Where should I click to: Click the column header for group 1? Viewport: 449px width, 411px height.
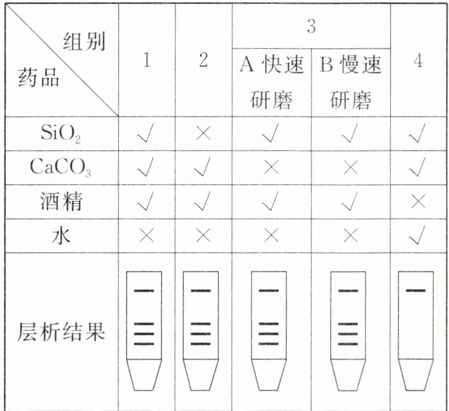point(146,61)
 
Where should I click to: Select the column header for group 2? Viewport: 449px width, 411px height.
point(204,61)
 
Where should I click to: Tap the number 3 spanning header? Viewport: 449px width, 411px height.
point(310,27)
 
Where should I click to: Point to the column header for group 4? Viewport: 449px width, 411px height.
point(418,61)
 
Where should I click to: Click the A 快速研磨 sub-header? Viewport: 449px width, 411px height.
point(271,83)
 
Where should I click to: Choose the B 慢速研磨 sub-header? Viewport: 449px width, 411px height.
point(351,83)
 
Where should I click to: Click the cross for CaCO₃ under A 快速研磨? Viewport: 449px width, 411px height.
point(271,168)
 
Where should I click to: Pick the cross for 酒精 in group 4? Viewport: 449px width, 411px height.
point(418,201)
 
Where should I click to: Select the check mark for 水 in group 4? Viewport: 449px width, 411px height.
point(418,234)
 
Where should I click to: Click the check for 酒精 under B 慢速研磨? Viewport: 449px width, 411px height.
point(351,201)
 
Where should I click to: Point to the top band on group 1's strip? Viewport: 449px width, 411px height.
point(144,291)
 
